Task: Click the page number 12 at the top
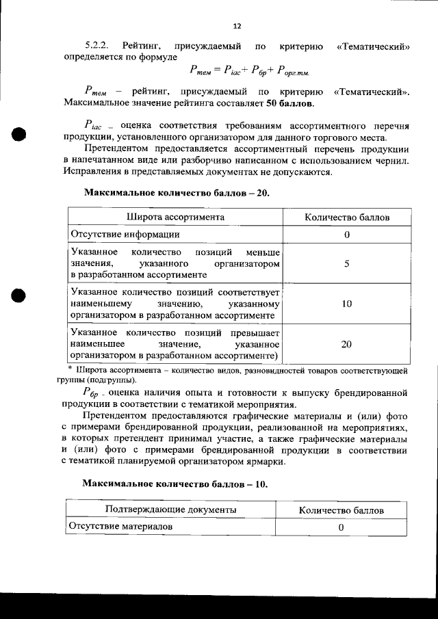point(237,27)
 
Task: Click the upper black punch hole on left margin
point(18,133)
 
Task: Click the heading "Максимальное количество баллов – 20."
point(177,193)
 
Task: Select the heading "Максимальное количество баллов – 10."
point(175,484)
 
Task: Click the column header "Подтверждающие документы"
point(171,510)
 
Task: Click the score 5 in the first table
point(347,263)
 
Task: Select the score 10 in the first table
point(347,303)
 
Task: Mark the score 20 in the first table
point(347,345)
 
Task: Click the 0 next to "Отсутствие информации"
point(347,235)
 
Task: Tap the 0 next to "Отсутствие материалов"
point(340,527)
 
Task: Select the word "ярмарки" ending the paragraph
point(266,461)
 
